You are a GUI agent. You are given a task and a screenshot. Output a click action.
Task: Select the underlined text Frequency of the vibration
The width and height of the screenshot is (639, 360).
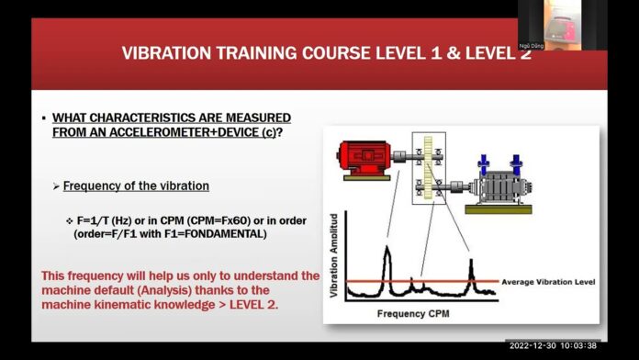(136, 186)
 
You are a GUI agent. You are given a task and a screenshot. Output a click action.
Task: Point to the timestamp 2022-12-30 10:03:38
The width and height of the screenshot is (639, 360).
(554, 344)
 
